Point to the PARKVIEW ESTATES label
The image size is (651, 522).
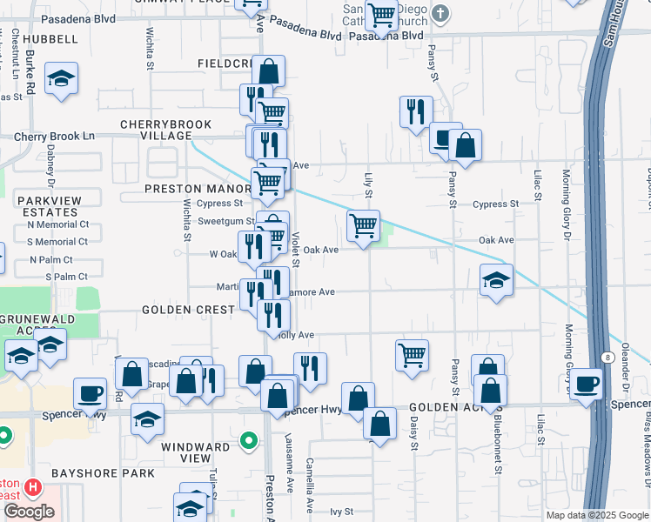click(x=50, y=206)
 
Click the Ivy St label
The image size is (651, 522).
click(x=342, y=512)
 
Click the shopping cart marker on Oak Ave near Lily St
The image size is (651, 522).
click(x=363, y=225)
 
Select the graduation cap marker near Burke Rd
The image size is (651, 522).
click(x=61, y=78)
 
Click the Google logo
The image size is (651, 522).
click(x=29, y=511)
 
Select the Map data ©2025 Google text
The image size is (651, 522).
click(x=598, y=515)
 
